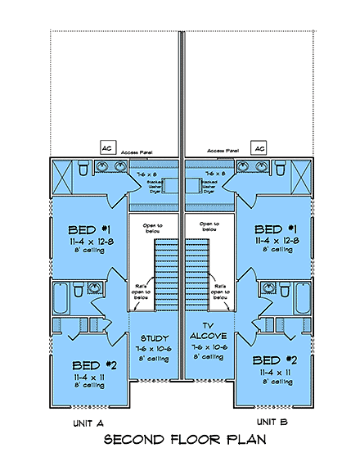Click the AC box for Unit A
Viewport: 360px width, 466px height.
[x=106, y=147]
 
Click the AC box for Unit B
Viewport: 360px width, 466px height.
[x=259, y=147]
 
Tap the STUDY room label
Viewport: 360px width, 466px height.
[x=155, y=337]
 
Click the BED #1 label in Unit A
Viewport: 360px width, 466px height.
[x=91, y=228]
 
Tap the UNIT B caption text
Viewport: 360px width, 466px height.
[x=273, y=421]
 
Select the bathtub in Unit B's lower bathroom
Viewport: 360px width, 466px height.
[x=302, y=300]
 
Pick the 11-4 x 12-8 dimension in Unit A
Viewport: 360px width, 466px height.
[x=91, y=241]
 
